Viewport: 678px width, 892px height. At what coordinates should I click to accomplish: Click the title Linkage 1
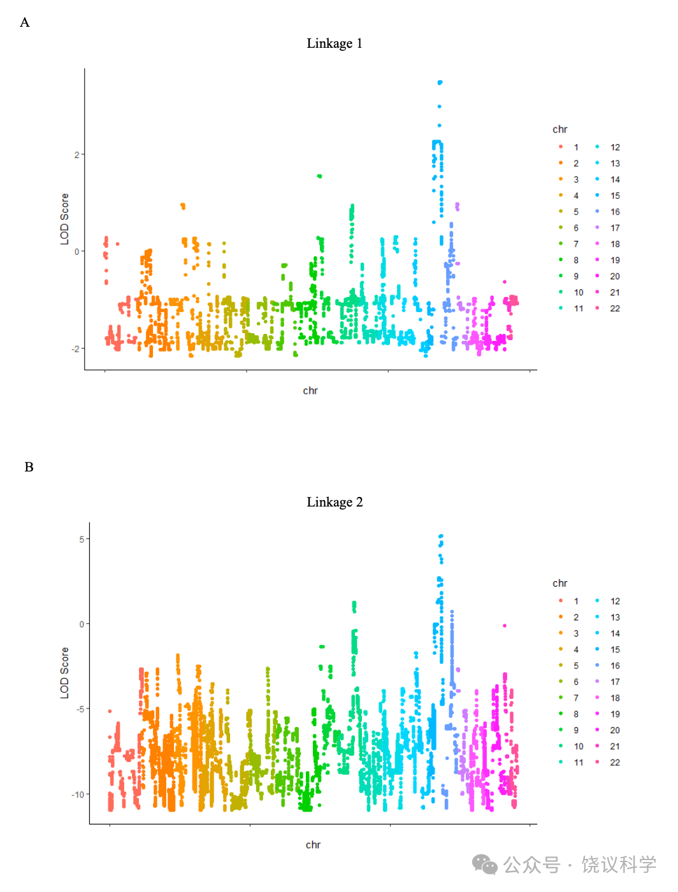[x=334, y=43]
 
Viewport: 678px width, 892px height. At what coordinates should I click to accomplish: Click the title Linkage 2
[x=334, y=502]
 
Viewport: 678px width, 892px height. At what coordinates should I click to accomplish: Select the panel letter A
[x=25, y=23]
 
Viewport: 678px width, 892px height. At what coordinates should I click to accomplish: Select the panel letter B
[x=29, y=467]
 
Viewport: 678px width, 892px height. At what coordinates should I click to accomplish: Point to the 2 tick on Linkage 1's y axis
[x=77, y=155]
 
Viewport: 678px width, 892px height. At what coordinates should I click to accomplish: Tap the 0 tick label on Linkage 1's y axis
[x=77, y=252]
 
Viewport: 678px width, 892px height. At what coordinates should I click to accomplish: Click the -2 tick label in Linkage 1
[x=75, y=349]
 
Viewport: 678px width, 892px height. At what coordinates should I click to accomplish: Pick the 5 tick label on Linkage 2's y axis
[x=82, y=539]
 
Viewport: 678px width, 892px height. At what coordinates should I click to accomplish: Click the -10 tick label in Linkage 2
[x=78, y=795]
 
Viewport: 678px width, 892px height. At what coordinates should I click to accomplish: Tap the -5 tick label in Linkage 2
[x=80, y=709]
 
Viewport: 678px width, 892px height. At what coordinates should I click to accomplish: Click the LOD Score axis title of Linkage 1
[x=64, y=219]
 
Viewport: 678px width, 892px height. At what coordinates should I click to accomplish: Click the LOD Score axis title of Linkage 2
[x=64, y=673]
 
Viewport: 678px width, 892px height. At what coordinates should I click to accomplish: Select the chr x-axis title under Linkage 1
[x=310, y=391]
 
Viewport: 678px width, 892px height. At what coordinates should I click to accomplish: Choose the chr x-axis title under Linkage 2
[x=313, y=845]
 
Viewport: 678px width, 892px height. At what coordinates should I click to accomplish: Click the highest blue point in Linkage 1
[x=440, y=82]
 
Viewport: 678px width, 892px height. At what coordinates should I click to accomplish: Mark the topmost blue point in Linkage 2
[x=440, y=536]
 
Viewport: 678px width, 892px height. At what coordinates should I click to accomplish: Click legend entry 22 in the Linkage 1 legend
[x=614, y=308]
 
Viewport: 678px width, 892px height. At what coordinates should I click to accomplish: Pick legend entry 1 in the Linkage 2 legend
[x=576, y=601]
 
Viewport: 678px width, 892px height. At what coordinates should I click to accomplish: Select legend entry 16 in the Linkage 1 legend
[x=614, y=212]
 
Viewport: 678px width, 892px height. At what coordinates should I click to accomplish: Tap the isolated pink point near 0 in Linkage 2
[x=505, y=626]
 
